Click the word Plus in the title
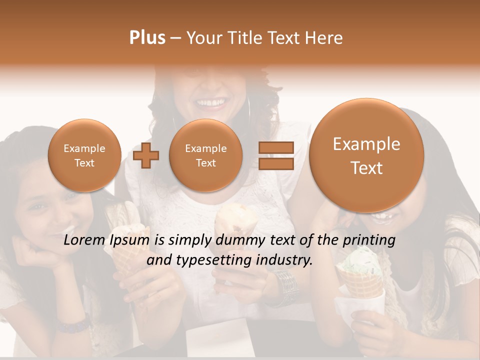coord(147,38)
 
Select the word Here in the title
coord(324,38)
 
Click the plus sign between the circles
coord(146,155)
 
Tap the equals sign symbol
coord(275,155)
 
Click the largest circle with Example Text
coord(366,155)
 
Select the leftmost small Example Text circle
coord(84,155)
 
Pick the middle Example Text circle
coord(205,155)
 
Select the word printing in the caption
coord(369,240)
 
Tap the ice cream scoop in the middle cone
coord(235,220)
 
